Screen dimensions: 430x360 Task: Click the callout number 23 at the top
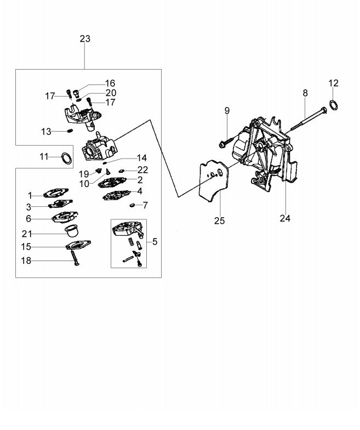[85, 39]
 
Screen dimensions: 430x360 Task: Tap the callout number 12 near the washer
[334, 83]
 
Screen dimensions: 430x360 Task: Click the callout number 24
[284, 218]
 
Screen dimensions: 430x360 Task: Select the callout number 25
[219, 220]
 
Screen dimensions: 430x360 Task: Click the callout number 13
[46, 132]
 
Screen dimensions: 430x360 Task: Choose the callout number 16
[111, 83]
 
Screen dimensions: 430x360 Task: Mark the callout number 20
[111, 93]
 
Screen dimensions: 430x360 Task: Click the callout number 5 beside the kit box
[155, 241]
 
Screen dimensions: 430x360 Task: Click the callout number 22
[142, 169]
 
